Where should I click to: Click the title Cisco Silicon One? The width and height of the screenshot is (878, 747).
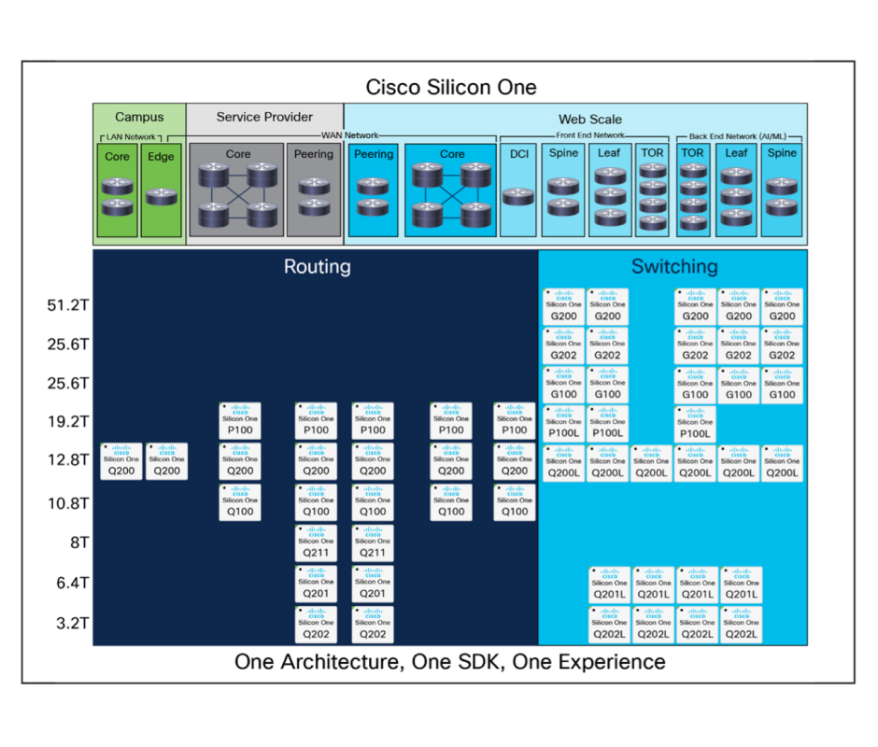pos(451,88)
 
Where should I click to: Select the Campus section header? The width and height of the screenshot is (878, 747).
pos(139,118)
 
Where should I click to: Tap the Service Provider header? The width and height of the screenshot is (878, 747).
pos(265,118)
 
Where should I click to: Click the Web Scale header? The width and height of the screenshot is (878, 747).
pos(589,120)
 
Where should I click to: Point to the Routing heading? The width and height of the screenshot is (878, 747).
pos(318,267)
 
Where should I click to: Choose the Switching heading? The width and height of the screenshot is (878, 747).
pos(674,267)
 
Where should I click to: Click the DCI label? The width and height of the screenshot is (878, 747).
pos(518,154)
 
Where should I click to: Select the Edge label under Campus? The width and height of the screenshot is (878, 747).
pos(162,156)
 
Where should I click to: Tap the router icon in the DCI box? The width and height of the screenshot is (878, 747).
pos(518,196)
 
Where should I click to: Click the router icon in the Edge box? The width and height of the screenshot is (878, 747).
pos(162,195)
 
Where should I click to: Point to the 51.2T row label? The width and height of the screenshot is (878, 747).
pos(68,304)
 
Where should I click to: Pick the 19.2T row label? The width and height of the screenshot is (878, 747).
pos(68,422)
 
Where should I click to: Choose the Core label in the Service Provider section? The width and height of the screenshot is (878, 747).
pos(238,154)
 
